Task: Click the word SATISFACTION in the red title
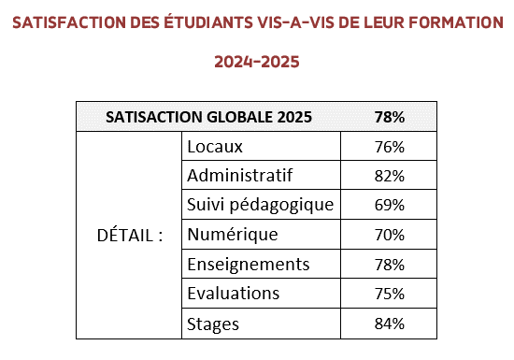tap(69, 22)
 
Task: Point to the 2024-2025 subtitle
tap(257, 62)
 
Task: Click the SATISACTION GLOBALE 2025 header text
tap(208, 117)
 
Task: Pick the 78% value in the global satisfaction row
tap(390, 117)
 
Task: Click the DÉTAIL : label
tap(130, 235)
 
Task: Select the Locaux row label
tap(215, 147)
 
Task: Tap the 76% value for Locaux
tap(390, 147)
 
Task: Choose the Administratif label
tap(239, 175)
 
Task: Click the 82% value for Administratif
tap(390, 176)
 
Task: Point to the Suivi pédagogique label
tap(261, 206)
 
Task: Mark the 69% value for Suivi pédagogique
tap(390, 205)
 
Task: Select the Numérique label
tap(233, 235)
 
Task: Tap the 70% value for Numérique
tap(390, 235)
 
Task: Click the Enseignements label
tap(249, 265)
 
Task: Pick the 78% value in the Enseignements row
tap(390, 265)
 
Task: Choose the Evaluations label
tap(233, 293)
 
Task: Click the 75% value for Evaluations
tap(390, 294)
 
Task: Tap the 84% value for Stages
tap(390, 324)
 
